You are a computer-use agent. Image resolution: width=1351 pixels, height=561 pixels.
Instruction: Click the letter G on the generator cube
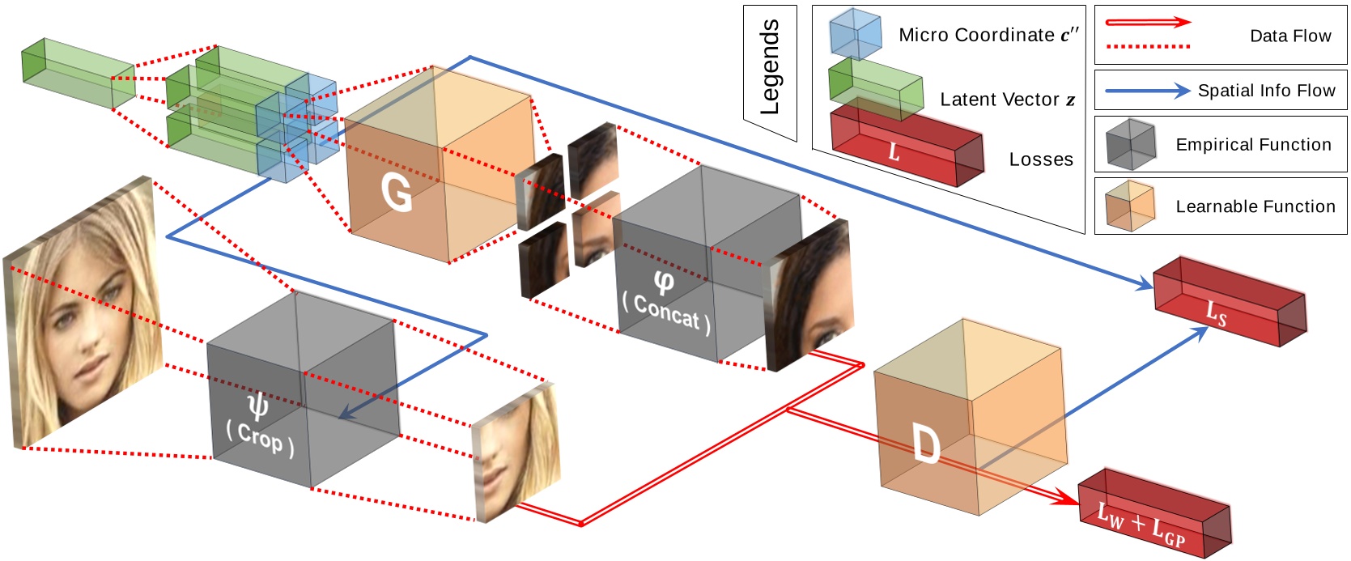(x=397, y=193)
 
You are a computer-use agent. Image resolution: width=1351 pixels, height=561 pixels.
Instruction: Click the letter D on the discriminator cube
(x=925, y=444)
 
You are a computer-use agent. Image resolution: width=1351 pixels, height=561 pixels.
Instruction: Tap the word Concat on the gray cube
(x=667, y=312)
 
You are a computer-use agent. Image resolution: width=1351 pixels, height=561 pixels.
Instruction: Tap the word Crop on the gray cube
(x=260, y=439)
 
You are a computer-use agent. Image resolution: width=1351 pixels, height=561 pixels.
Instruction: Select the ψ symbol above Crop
(x=257, y=403)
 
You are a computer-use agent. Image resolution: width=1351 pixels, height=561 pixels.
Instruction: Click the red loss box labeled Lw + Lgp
(x=1153, y=514)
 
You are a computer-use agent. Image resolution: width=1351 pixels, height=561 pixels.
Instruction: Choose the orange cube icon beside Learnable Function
(x=1130, y=206)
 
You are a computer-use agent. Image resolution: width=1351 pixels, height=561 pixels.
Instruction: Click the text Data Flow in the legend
(x=1289, y=36)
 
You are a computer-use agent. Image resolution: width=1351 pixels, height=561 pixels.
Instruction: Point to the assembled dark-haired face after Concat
(x=809, y=295)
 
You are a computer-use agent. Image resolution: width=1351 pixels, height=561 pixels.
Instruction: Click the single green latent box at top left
(x=78, y=73)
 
